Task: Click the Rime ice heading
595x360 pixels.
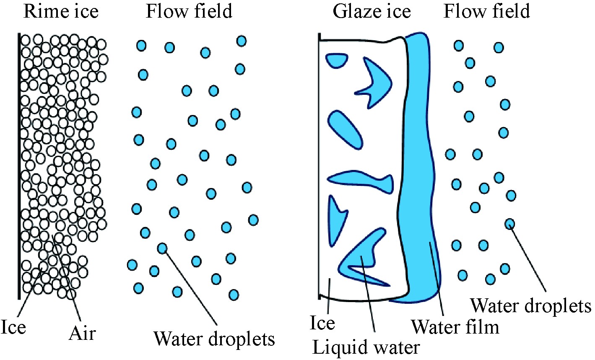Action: (x=61, y=11)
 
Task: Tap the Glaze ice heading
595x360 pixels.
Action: (x=372, y=11)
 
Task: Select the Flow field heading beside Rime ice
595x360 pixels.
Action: (x=189, y=11)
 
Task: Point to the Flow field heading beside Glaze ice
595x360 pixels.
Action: (x=487, y=11)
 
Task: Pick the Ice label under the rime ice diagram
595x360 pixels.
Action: (x=13, y=327)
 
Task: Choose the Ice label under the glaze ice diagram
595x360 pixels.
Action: (x=322, y=323)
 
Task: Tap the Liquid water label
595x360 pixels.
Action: (x=366, y=347)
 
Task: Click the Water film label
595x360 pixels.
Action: (x=455, y=326)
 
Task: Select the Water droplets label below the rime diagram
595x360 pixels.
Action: (x=214, y=338)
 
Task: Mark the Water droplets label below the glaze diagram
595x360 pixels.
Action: (x=530, y=306)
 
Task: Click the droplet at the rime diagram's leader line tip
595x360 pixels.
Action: (x=162, y=248)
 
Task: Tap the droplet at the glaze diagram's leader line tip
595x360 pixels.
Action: (x=509, y=224)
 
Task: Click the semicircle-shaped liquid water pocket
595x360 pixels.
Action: (x=337, y=60)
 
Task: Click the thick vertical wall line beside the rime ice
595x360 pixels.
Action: (x=19, y=168)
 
